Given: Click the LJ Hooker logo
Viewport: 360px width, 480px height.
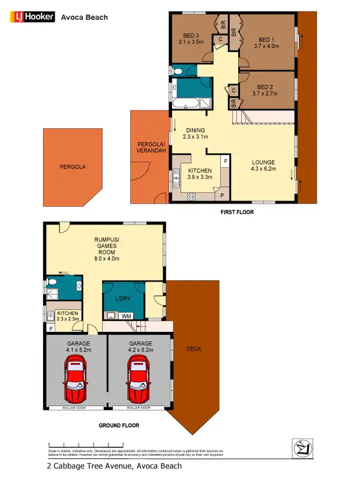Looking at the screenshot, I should pos(32,17).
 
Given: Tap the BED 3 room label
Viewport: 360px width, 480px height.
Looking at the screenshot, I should pos(191,38).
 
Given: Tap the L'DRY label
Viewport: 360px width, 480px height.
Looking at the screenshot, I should pos(122,298).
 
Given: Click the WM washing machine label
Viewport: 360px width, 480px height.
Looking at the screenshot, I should pos(127,315).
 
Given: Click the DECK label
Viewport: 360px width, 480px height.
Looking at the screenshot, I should pos(194,348).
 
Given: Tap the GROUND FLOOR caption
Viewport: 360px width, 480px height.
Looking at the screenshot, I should pos(119,425).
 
